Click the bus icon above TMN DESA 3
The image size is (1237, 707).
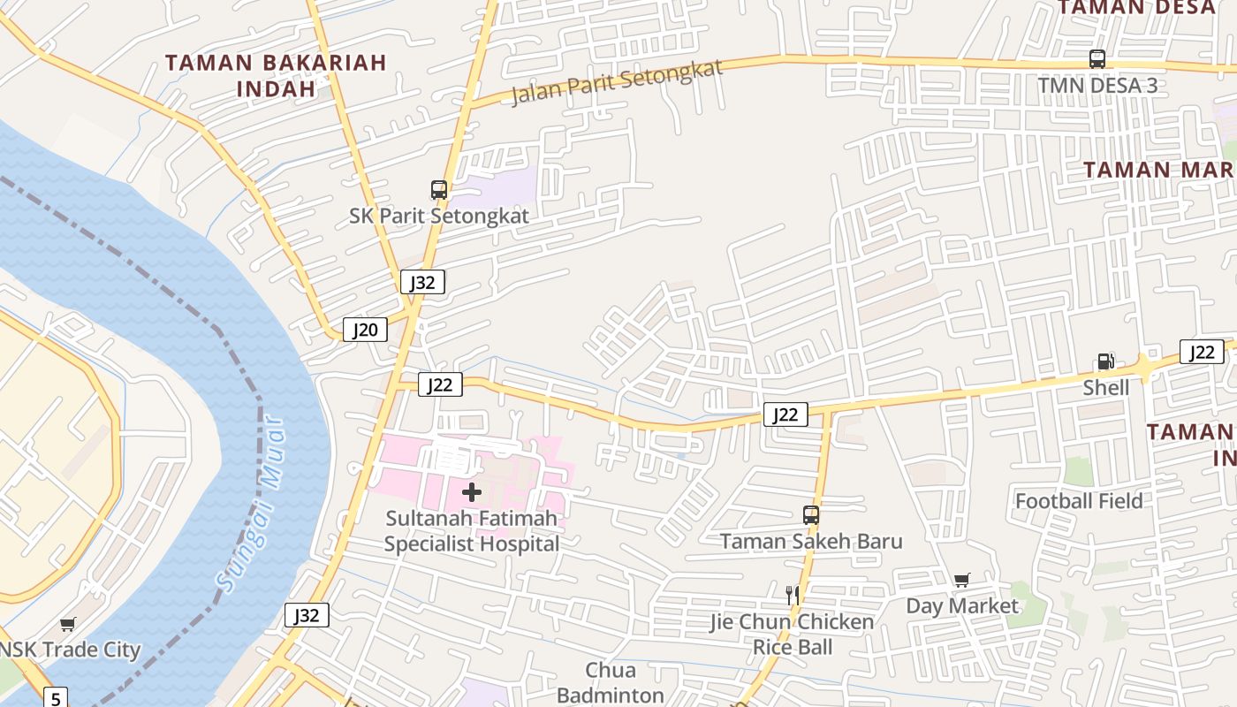pyautogui.click(x=1097, y=59)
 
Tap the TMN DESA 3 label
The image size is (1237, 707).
pyautogui.click(x=1097, y=86)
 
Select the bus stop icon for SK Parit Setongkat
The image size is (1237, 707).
pyautogui.click(x=438, y=189)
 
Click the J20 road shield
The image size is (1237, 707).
pyautogui.click(x=365, y=331)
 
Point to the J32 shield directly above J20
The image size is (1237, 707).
pyautogui.click(x=422, y=282)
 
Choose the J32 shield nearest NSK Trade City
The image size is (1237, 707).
pyautogui.click(x=307, y=615)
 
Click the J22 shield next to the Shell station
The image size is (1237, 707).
pyautogui.click(x=1202, y=352)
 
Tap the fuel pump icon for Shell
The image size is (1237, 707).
pyautogui.click(x=1105, y=361)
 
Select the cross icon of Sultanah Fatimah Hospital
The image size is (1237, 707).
pyautogui.click(x=472, y=492)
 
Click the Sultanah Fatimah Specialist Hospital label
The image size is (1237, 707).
pyautogui.click(x=472, y=531)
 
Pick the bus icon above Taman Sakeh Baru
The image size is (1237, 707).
pyautogui.click(x=810, y=514)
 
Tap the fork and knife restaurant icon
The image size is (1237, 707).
pyautogui.click(x=793, y=595)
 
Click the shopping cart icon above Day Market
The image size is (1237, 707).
pyautogui.click(x=961, y=580)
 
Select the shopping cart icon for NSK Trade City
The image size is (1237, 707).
pyautogui.click(x=68, y=624)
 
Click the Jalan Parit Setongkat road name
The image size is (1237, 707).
pyautogui.click(x=617, y=82)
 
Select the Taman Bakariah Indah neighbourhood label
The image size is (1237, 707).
pyautogui.click(x=276, y=75)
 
